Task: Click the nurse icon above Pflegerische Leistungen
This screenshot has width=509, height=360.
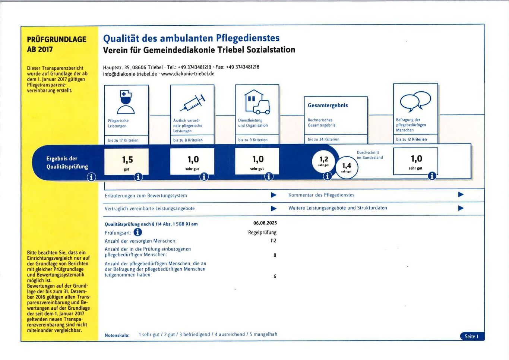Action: [126, 102]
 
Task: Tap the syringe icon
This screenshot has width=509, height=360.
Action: [192, 102]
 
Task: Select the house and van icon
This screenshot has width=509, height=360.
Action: [257, 102]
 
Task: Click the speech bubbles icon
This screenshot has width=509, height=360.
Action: [415, 101]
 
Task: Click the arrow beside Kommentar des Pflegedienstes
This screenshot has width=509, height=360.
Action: [461, 195]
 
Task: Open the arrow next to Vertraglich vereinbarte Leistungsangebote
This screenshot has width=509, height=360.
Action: [274, 208]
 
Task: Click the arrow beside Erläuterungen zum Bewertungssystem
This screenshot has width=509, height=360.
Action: [274, 195]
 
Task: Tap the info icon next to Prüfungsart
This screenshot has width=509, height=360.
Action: [137, 232]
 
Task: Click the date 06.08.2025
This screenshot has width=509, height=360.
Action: [265, 223]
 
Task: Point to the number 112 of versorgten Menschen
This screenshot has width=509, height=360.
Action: [273, 241]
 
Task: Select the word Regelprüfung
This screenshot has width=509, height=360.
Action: [262, 233]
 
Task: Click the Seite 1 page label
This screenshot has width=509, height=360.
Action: [471, 337]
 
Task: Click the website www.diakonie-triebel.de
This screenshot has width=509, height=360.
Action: [188, 74]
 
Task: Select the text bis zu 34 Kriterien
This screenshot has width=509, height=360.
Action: [323, 139]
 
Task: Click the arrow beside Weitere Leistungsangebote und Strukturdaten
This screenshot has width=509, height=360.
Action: [461, 208]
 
